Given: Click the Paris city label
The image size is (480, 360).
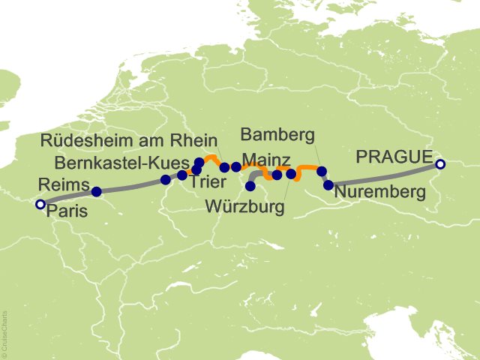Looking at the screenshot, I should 67,211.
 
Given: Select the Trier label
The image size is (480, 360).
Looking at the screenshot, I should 205,181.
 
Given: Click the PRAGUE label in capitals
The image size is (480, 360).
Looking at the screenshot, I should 394,157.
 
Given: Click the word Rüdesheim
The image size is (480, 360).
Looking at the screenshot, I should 84,140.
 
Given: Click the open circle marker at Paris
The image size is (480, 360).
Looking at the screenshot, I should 40,204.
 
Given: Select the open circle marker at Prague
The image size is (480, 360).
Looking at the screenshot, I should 440,164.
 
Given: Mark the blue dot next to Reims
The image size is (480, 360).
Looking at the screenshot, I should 95,191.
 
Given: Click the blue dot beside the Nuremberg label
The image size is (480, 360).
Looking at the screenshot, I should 328,184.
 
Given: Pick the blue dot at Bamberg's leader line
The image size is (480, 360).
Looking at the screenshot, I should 322,171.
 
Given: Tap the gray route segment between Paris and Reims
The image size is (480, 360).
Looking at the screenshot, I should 67,197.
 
